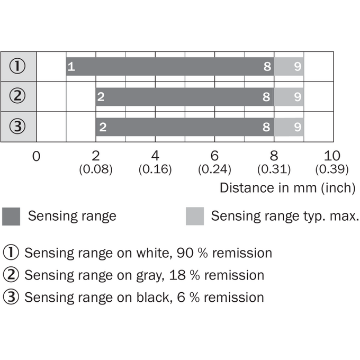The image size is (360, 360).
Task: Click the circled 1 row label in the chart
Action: click(17, 66)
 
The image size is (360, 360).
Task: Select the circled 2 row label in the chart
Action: click(17, 96)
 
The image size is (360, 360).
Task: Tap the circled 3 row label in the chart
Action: click(17, 127)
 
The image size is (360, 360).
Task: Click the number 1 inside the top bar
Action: click(71, 67)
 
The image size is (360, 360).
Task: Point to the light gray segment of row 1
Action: click(289, 66)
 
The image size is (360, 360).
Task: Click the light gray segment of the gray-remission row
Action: click(289, 97)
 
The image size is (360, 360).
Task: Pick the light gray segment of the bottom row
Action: click(289, 127)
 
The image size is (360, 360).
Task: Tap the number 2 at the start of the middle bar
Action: click(101, 97)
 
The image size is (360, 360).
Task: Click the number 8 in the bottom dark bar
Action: click(266, 127)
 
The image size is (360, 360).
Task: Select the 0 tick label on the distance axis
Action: click(37, 156)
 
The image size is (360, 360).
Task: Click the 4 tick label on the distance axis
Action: click(155, 156)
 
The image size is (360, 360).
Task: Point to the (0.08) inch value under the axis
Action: click(96, 169)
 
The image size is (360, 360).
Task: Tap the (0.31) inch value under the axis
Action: click(274, 169)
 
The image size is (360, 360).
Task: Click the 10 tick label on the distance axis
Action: click(332, 156)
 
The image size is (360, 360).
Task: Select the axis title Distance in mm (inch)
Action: click(287, 188)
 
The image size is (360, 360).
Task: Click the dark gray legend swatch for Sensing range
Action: click(11, 217)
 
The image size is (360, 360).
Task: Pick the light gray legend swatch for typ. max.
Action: click(195, 217)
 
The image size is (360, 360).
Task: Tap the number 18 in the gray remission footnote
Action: click(177, 275)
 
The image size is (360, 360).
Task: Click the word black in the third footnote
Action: click(155, 298)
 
